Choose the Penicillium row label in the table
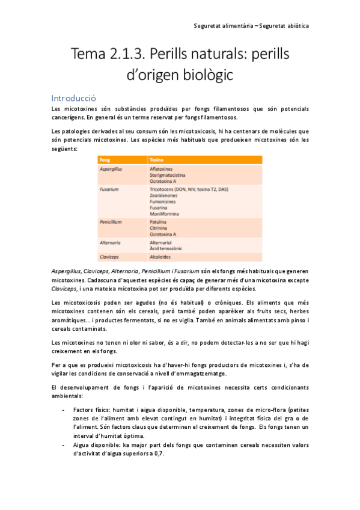(111, 222)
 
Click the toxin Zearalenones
(165, 195)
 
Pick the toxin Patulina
(159, 222)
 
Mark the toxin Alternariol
(162, 242)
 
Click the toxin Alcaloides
(162, 256)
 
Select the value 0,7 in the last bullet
(159, 454)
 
